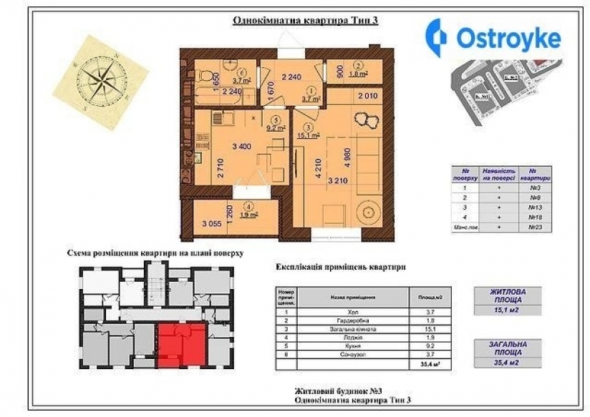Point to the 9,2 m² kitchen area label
pyautogui.click(x=276, y=129)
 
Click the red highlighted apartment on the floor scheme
pyautogui.click(x=180, y=345)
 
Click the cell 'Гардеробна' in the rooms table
pyautogui.click(x=352, y=321)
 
